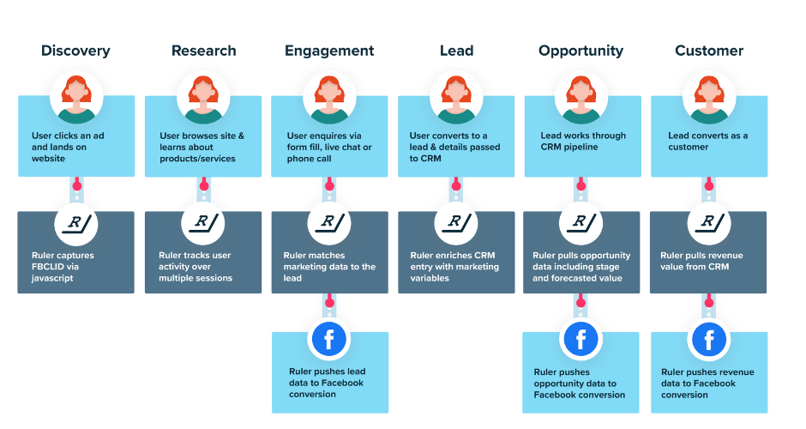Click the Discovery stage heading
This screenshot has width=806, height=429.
pos(75,51)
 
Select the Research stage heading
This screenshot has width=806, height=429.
pos(203,51)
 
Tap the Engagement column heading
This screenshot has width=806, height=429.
pos(329,51)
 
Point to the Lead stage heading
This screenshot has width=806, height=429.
pos(456,51)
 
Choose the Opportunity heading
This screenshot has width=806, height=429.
pos(580,51)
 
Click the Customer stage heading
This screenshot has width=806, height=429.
pos(709,51)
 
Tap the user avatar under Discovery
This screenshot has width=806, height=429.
pos(76,98)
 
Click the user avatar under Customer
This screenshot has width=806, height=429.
pos(709,98)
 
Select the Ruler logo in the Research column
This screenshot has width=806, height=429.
pos(203,222)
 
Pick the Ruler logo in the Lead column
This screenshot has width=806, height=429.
pos(456,222)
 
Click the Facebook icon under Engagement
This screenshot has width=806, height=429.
pos(329,340)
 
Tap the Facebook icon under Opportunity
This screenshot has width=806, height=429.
pos(580,340)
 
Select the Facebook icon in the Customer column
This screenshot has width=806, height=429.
pos(709,340)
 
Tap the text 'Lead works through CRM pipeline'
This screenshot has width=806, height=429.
pos(583,141)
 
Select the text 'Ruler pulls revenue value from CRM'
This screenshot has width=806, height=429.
pos(702,261)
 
